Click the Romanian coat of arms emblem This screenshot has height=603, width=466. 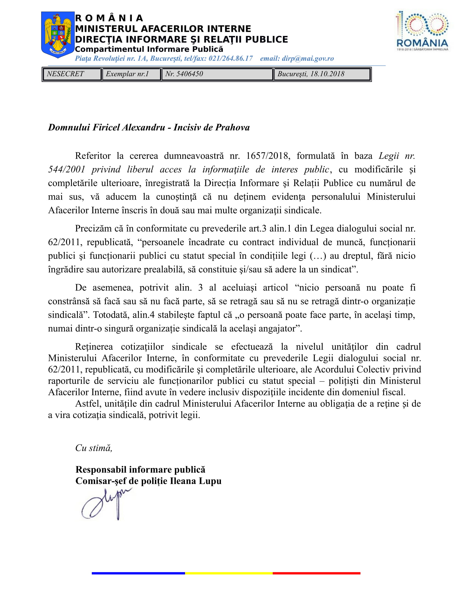click(58, 35)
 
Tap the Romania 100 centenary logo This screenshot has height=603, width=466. click(422, 31)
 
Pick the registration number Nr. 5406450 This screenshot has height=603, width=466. click(184, 74)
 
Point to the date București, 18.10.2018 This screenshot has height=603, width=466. click(311, 74)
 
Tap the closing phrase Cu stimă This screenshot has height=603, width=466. click(93, 448)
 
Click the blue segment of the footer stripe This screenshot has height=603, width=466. click(138, 573)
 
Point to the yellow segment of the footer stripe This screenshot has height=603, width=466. click(229, 573)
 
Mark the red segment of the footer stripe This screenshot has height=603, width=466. click(316, 573)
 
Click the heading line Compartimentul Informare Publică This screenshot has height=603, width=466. click(149, 49)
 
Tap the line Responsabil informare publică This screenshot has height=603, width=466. click(140, 470)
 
